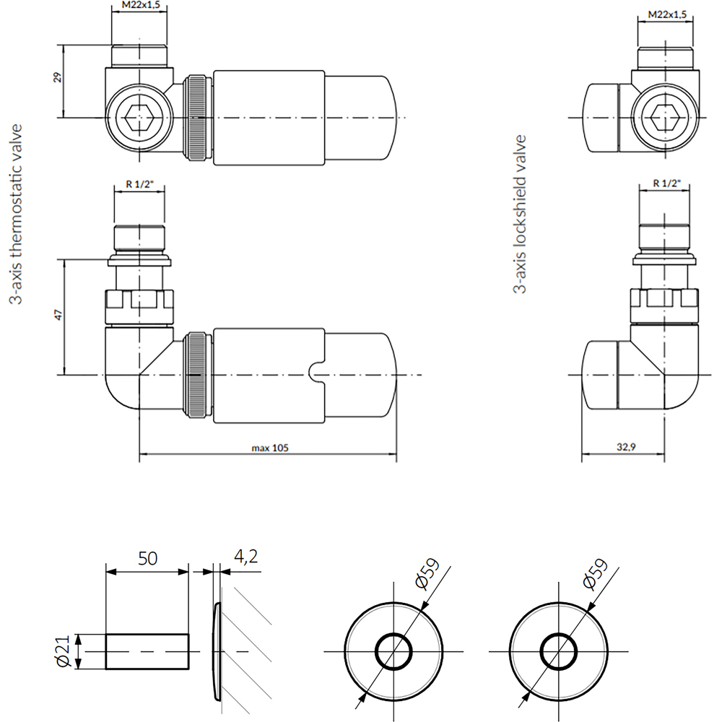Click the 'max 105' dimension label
(270, 448)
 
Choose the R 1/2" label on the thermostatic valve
(139, 183)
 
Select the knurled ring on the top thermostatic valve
(196, 117)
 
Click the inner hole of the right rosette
(557, 651)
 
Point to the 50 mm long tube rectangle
(147, 651)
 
